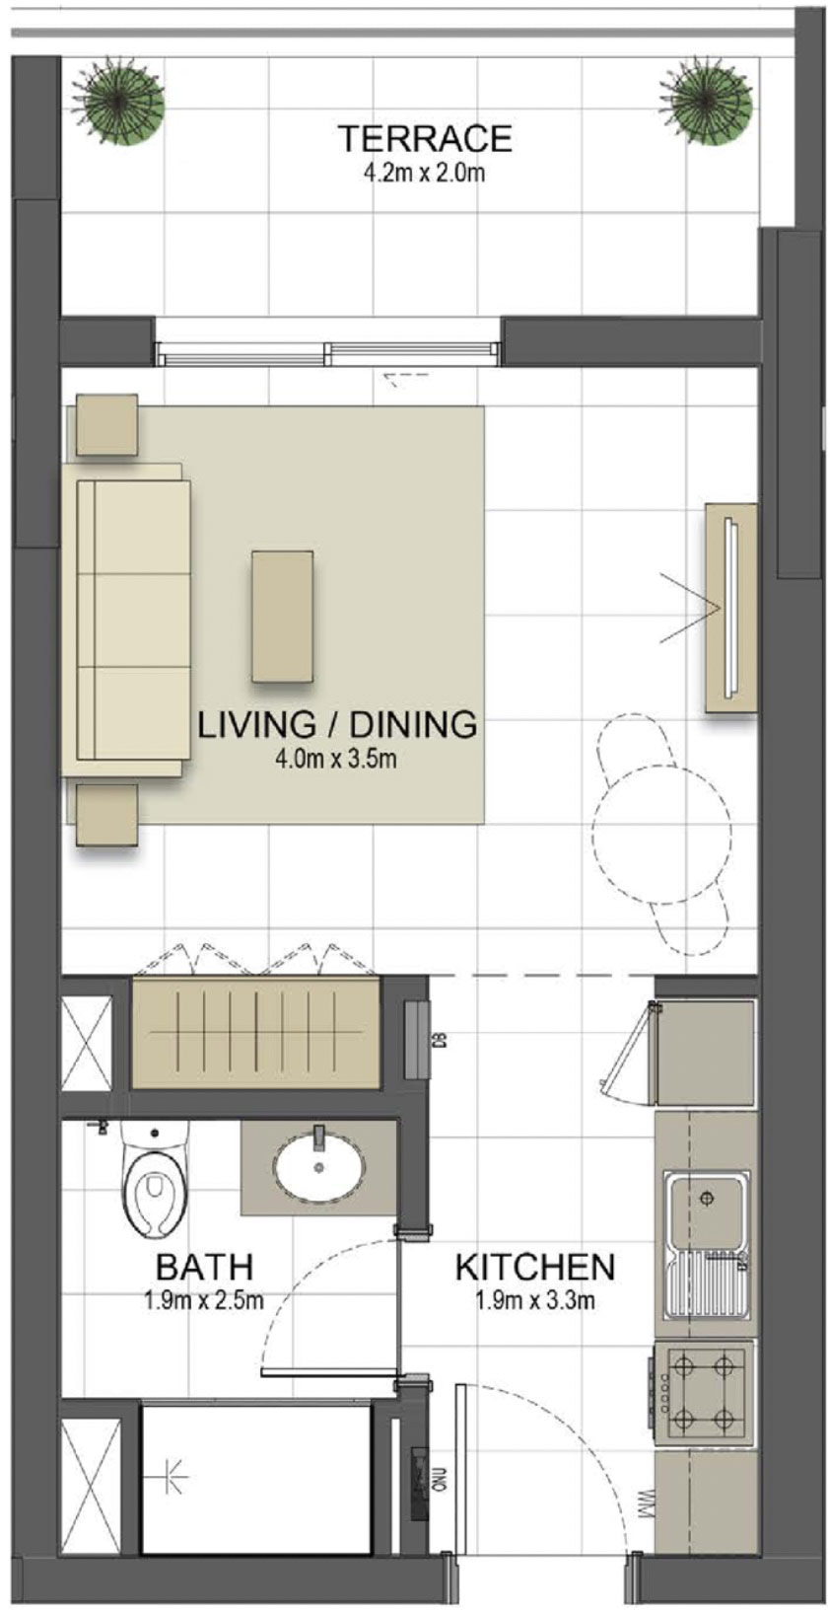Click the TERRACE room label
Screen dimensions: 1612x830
point(424,139)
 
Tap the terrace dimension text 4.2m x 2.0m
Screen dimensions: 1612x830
point(424,175)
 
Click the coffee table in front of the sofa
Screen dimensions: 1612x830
point(282,617)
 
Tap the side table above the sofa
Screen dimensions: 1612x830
point(106,425)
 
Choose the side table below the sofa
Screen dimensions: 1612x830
point(106,815)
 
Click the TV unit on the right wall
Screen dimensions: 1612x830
point(730,607)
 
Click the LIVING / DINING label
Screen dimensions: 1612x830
point(337,724)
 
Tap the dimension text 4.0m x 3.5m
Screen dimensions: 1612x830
point(337,759)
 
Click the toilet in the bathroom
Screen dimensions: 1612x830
point(153,1181)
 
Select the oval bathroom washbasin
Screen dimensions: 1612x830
point(317,1167)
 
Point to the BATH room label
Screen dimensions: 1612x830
point(204,1266)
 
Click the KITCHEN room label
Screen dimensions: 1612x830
point(534,1267)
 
